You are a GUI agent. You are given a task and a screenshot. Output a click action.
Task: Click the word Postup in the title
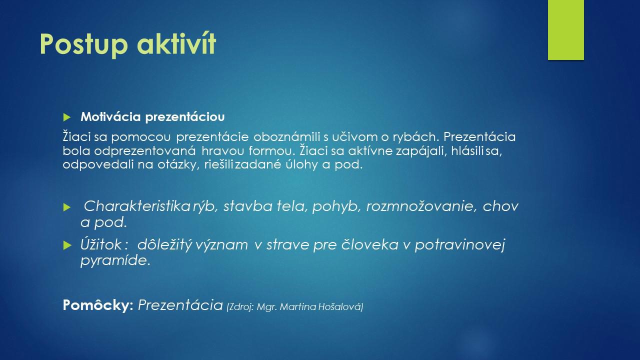[x=83, y=44]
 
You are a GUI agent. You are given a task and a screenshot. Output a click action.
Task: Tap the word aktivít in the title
[x=176, y=43]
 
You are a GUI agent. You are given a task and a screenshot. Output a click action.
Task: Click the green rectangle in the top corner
[x=565, y=30]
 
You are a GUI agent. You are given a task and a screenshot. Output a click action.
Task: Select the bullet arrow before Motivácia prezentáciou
[x=67, y=117]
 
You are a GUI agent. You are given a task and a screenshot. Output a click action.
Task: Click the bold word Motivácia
[x=110, y=116]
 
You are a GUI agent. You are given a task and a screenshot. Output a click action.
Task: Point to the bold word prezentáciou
[x=185, y=117]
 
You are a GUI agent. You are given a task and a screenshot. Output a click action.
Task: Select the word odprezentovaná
[x=145, y=151]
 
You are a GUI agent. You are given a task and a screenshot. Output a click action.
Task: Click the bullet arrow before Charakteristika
[x=67, y=207]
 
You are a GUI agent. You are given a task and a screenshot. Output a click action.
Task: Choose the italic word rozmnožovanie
[x=421, y=206]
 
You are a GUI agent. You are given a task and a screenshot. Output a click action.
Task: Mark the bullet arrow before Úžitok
[x=67, y=245]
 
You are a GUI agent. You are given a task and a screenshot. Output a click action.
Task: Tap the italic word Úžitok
[x=101, y=244]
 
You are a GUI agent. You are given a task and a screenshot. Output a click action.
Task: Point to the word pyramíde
[x=115, y=261]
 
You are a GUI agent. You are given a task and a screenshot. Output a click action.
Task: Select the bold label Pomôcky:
[x=98, y=305]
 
